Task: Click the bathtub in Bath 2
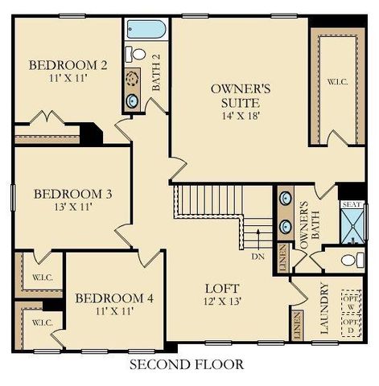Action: point(146,30)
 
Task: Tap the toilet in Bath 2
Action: point(138,55)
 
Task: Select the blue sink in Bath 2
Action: point(132,101)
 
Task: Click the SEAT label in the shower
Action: point(352,204)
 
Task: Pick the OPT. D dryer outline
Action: point(350,324)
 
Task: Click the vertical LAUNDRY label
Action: point(325,310)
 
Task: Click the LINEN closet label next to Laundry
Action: point(296,325)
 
